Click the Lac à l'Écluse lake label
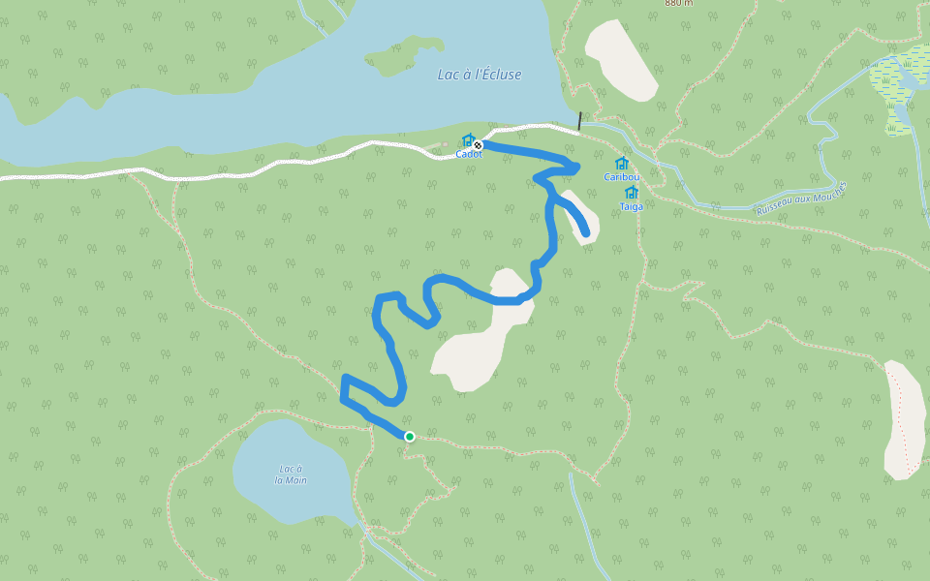[x=479, y=75]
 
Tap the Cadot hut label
[x=469, y=154]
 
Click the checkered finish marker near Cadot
[x=478, y=145]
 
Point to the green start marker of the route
[x=410, y=437]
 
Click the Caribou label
[x=621, y=177]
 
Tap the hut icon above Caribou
[x=621, y=164]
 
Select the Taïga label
[x=632, y=206]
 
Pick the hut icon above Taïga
[x=632, y=193]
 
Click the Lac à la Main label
[x=291, y=474]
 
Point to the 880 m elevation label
[x=679, y=3]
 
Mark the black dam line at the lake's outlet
[x=579, y=121]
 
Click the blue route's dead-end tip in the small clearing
[x=585, y=231]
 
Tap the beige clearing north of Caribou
[x=622, y=60]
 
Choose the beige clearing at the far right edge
[x=905, y=421]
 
